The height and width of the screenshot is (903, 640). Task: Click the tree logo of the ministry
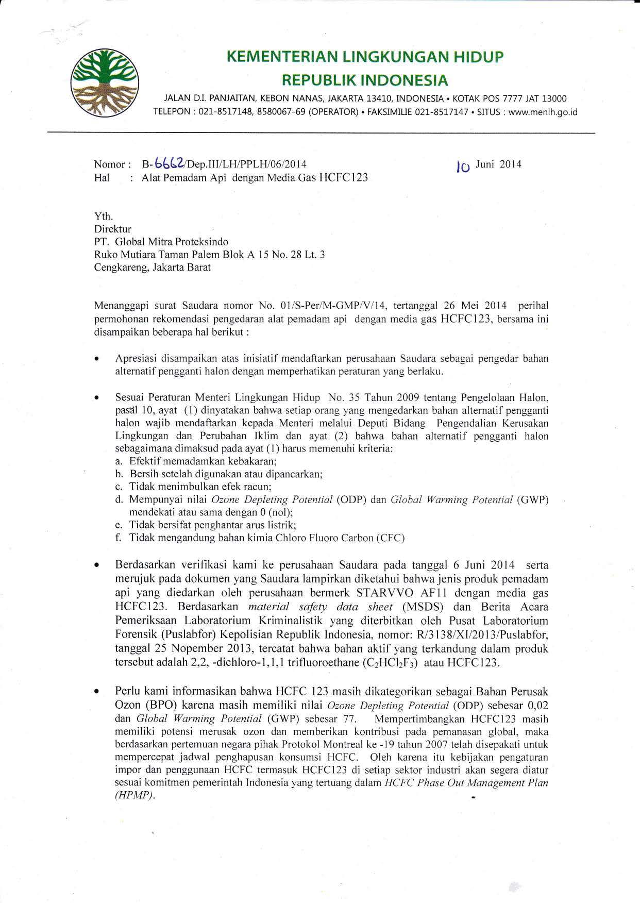107,82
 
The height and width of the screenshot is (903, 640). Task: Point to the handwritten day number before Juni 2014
464,166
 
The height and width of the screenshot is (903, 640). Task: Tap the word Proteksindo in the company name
203,242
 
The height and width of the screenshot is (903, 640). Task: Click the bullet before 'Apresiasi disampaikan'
96,359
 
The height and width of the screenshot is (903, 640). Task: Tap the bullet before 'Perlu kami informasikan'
96,692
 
